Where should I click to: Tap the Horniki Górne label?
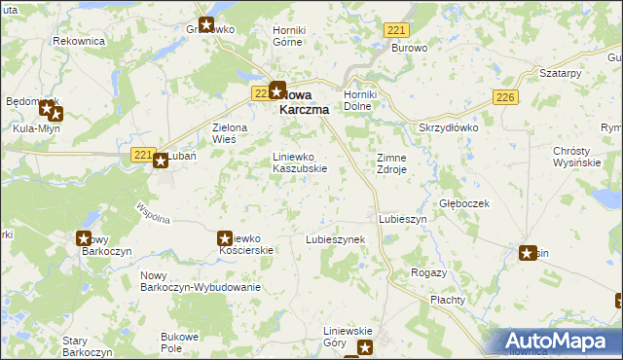(x=289, y=36)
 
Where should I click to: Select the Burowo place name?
(x=410, y=47)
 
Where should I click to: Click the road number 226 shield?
(x=504, y=97)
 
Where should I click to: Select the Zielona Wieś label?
(x=231, y=133)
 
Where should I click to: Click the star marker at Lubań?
(x=161, y=162)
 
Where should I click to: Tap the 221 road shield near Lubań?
(x=142, y=155)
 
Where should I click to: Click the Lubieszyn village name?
(x=402, y=220)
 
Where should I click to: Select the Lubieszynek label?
(x=335, y=238)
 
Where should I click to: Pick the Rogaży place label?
(x=429, y=272)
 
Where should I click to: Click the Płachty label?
(x=448, y=300)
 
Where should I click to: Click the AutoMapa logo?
(x=559, y=342)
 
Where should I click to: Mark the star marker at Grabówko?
(x=206, y=26)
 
